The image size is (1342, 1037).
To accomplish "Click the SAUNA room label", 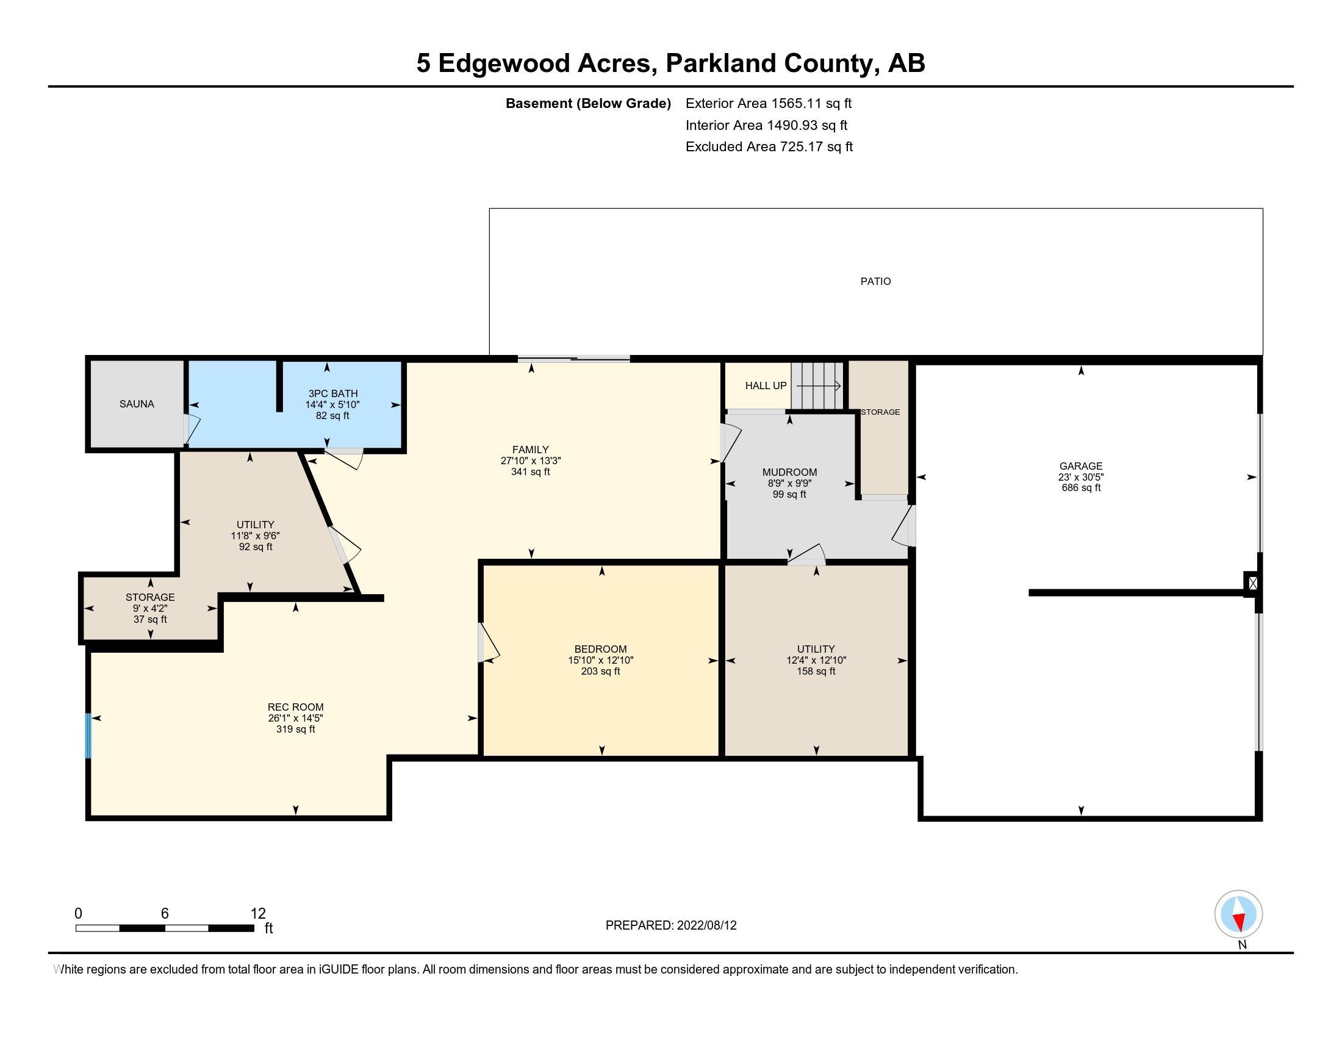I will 137,404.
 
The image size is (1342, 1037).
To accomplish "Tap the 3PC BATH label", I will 332,393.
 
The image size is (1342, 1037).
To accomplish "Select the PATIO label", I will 875,281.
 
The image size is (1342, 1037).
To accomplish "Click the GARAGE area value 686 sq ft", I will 1081,488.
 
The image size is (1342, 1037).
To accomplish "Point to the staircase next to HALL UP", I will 817,385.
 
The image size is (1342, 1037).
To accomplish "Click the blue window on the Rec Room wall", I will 88,736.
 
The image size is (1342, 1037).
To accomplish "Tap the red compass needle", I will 1240,922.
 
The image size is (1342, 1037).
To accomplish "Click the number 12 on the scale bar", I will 258,914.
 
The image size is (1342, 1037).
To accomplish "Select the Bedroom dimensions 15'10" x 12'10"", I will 600,661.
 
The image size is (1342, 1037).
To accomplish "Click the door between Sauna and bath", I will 188,429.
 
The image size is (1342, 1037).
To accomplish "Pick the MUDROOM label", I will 789,472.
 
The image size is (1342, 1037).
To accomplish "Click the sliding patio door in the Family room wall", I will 573,359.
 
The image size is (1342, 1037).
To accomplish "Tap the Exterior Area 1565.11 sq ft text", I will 768,103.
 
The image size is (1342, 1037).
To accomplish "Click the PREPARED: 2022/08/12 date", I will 670,925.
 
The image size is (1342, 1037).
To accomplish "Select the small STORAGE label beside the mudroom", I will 880,412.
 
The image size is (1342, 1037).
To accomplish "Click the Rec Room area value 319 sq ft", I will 296,729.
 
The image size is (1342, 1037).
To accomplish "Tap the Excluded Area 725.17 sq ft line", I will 769,147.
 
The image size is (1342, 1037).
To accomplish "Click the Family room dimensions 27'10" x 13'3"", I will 530,461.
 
